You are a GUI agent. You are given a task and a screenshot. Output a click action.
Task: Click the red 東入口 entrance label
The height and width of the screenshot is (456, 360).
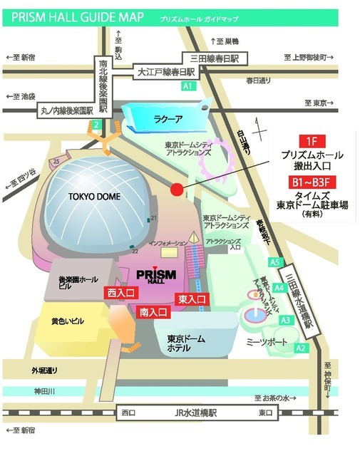[x=192, y=299]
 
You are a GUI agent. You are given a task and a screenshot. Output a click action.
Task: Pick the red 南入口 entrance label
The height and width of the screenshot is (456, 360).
[x=153, y=312]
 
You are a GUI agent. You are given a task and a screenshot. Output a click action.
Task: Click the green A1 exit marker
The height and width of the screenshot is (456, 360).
[x=187, y=86]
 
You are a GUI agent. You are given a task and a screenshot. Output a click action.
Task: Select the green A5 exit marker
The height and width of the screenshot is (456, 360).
[x=274, y=262]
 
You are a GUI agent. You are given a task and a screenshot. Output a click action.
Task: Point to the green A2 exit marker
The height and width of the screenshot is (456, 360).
[x=301, y=348]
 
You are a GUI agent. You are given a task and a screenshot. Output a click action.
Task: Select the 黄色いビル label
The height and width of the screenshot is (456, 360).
[x=68, y=321]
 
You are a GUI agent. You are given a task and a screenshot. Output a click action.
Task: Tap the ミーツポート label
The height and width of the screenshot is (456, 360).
[x=262, y=345]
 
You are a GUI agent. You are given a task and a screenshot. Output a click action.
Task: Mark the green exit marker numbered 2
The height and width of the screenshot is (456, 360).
[x=94, y=125]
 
